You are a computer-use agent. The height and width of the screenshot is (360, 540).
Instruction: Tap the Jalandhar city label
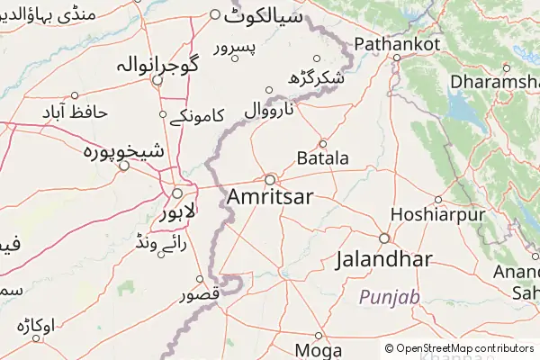coord(383,260)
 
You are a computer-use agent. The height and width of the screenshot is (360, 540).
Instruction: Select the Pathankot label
coord(397,43)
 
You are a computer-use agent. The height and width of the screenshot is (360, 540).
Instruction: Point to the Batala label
coord(322,158)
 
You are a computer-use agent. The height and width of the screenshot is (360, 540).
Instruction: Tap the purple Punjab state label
coord(390,296)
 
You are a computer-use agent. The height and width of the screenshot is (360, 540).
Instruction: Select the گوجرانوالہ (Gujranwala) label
coord(157,66)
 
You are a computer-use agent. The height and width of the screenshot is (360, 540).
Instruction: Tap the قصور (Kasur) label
coord(198,294)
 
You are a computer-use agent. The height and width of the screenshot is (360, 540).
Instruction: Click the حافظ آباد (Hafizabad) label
coord(75,112)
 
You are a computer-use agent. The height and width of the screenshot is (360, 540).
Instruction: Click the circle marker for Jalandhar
coord(383,238)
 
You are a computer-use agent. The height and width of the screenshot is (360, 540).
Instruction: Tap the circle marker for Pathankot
coord(396,58)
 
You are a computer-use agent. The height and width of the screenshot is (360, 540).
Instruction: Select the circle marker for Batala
coord(323,143)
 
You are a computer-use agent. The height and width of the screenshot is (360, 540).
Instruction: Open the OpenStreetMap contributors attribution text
coord(464,348)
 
